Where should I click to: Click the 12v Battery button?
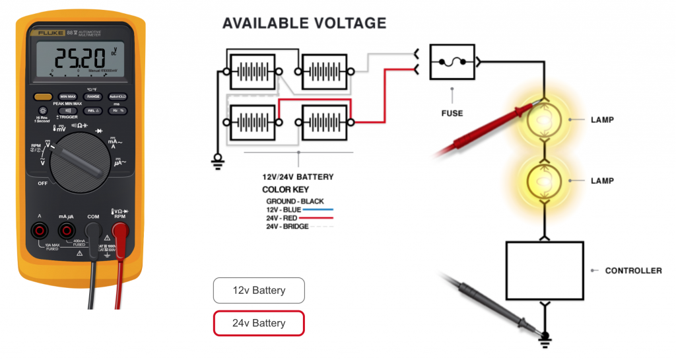pos(259,290)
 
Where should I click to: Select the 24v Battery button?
pos(259,323)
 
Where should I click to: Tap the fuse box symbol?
pos(453,62)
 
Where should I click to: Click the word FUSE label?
pos(452,113)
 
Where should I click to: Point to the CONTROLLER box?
pos(545,270)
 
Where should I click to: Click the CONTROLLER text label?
pos(633,270)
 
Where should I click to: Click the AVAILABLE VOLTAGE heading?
pos(304,23)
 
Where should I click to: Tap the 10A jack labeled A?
pos(40,230)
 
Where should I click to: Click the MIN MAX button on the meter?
pos(68,96)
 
